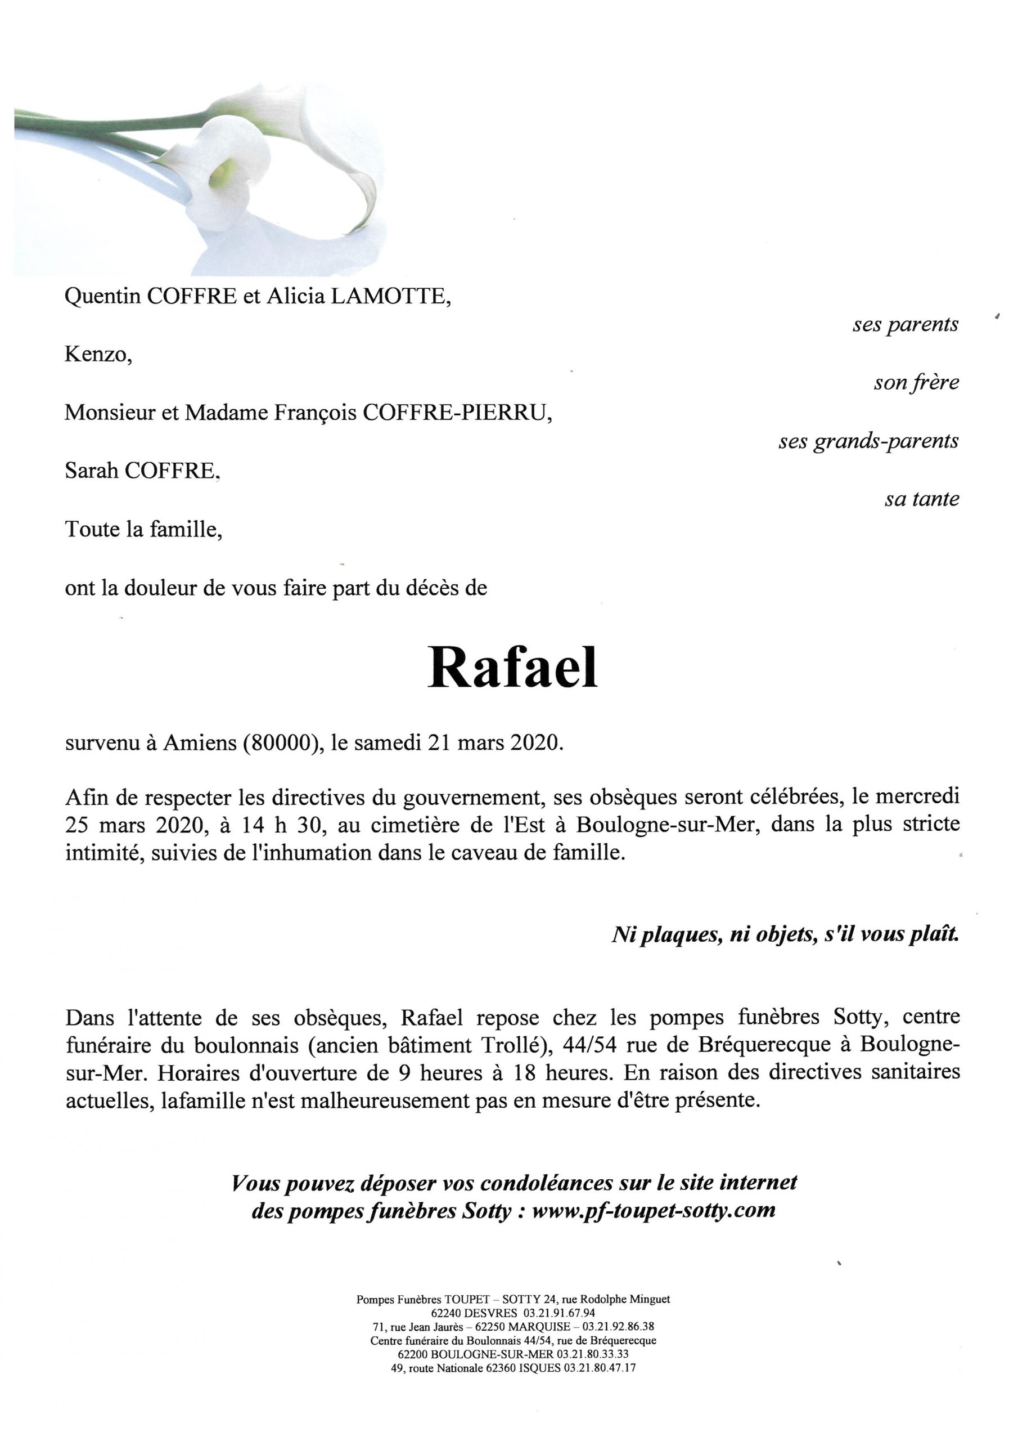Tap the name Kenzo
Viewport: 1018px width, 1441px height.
(98, 355)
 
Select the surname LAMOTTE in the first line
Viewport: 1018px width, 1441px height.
(390, 297)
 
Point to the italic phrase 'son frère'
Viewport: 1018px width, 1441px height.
(916, 383)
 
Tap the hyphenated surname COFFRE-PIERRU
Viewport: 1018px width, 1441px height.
(458, 413)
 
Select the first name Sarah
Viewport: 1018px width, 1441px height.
(92, 471)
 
